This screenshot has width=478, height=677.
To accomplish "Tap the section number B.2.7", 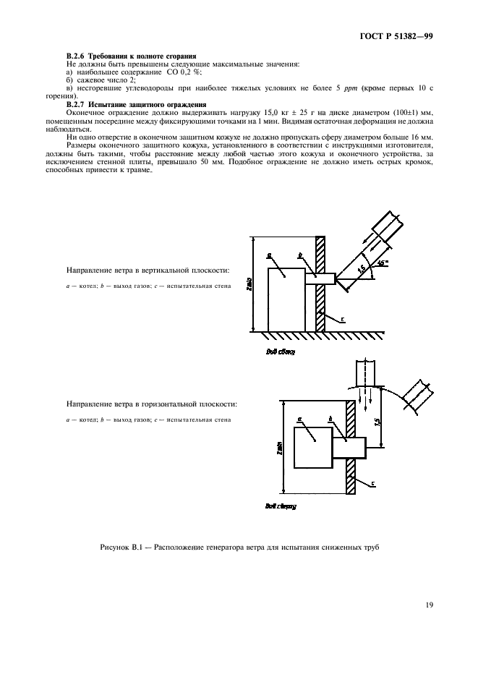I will (x=75, y=106).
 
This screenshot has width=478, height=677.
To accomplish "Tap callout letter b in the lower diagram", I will (x=330, y=419).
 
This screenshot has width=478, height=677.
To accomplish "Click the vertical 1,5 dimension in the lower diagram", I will (x=377, y=421).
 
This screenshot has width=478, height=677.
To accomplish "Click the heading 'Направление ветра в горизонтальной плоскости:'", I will (x=151, y=404).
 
